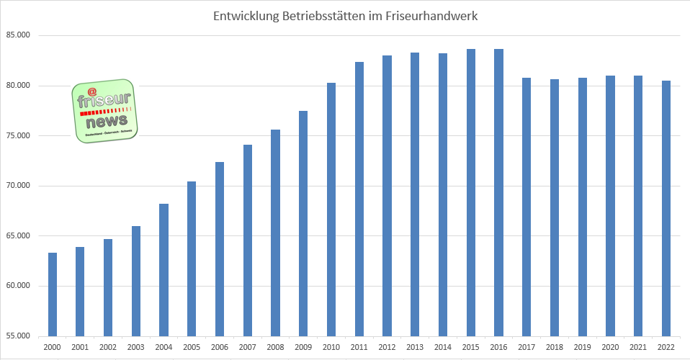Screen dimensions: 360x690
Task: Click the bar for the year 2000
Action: tap(53, 294)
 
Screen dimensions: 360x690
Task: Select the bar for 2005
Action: tap(192, 258)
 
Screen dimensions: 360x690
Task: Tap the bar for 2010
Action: tap(331, 210)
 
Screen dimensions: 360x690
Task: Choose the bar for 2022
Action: tap(666, 208)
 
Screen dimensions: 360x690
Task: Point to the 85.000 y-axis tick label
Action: tap(18, 36)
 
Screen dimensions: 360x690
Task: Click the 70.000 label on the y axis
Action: tap(18, 186)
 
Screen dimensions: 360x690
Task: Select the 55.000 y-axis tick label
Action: tap(18, 336)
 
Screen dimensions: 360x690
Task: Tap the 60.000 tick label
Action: tap(18, 286)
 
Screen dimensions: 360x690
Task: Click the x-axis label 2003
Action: tap(135, 347)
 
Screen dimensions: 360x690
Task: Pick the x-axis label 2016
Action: tap(498, 347)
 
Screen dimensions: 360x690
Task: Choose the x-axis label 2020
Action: tap(610, 347)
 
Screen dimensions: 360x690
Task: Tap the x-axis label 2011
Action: tap(359, 347)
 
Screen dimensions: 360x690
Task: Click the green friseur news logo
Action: tap(104, 110)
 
